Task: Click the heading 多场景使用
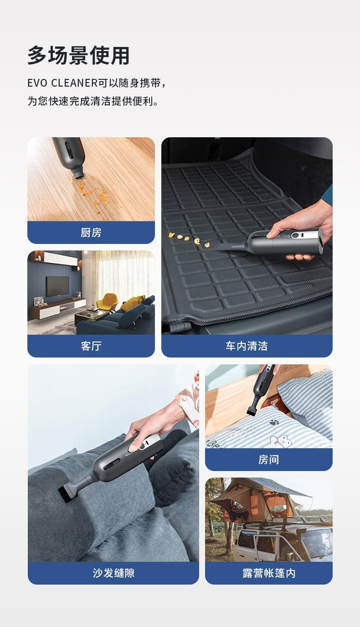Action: (x=78, y=56)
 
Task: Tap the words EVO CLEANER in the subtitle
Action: (x=62, y=83)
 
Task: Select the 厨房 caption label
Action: (x=91, y=233)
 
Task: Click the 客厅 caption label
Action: (x=91, y=346)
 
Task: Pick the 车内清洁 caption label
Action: (x=247, y=346)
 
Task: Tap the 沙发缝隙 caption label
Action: (x=113, y=573)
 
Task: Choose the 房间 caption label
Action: (x=268, y=459)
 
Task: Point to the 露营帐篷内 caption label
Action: (x=269, y=573)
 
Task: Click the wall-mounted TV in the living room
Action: (x=57, y=286)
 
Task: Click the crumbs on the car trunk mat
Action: (x=189, y=240)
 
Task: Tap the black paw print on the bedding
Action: (x=274, y=422)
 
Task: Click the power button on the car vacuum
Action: (x=295, y=235)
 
